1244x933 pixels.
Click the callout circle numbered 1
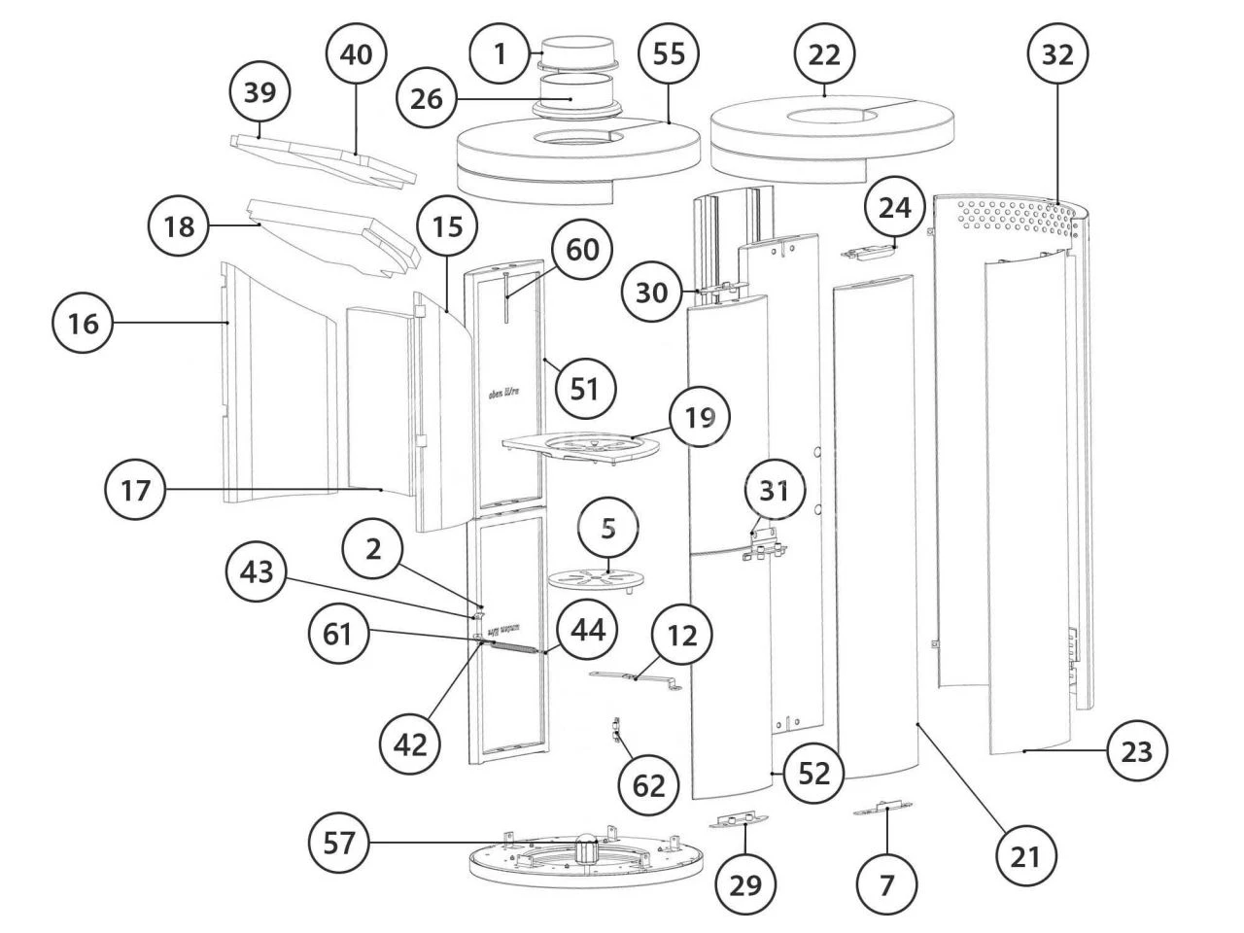(x=501, y=52)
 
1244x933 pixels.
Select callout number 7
(x=886, y=883)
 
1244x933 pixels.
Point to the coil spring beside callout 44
(x=512, y=646)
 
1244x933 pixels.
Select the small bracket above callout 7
(x=883, y=809)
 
